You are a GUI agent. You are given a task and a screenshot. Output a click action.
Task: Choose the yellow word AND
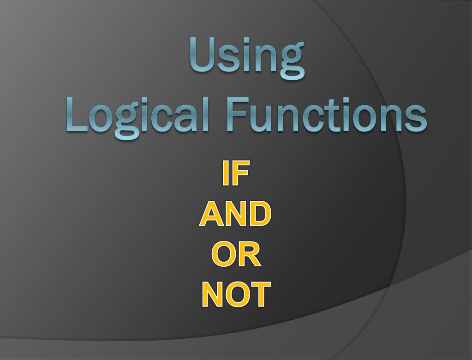(235, 214)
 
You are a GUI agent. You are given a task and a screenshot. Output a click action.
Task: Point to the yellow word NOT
(236, 294)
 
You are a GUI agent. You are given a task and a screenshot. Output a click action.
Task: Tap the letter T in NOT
(260, 294)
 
